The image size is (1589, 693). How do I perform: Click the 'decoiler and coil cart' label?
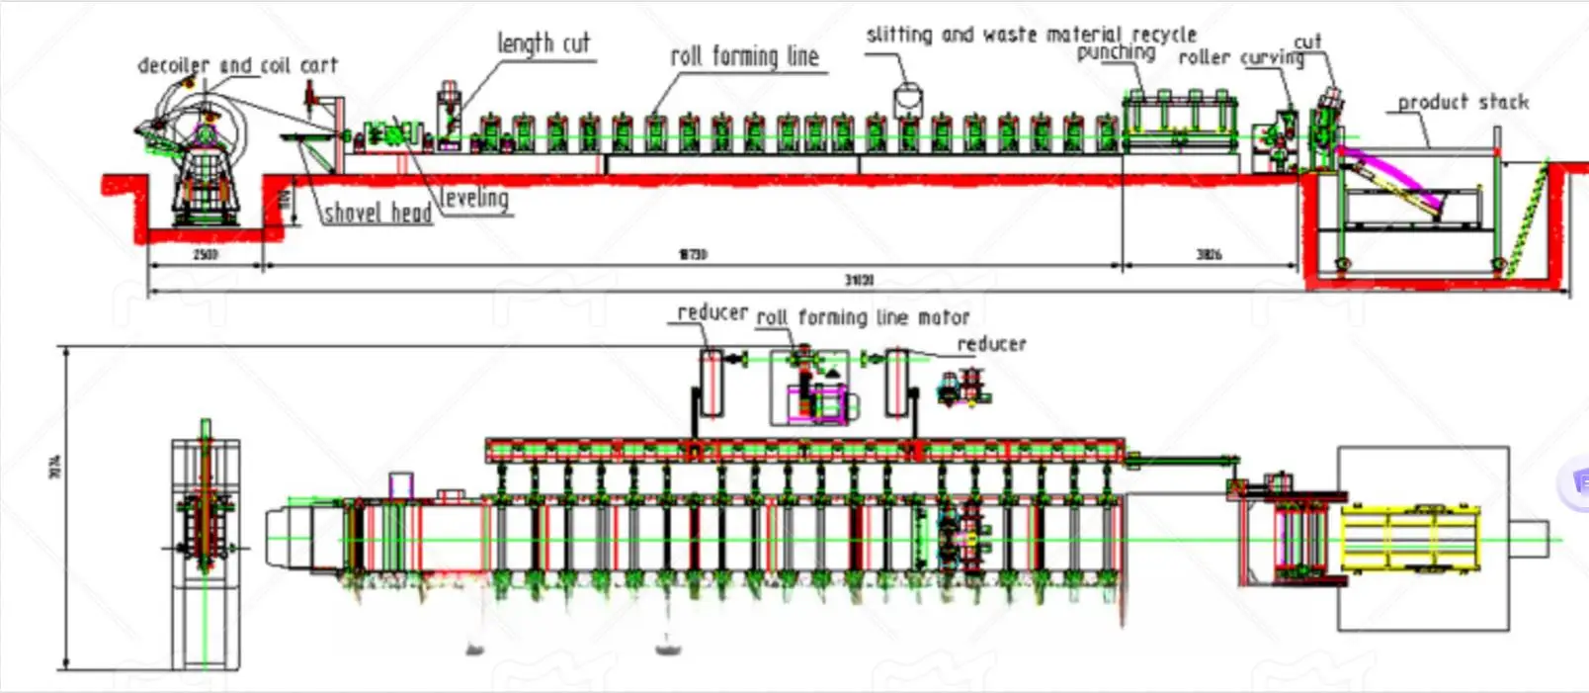237,65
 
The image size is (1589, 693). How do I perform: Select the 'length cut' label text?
543,43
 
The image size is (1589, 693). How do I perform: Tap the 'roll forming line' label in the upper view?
744,56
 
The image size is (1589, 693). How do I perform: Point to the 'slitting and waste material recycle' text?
1031,35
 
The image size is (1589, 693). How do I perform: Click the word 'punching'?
1116,52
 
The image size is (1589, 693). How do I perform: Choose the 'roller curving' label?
1240,58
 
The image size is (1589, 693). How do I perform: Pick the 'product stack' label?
1463,102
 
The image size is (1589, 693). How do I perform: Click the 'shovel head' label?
377,213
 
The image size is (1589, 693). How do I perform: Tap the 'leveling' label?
475,198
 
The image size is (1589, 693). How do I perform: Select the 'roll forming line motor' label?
863,317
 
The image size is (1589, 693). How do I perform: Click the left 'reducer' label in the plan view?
711,312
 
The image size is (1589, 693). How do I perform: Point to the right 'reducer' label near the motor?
991,344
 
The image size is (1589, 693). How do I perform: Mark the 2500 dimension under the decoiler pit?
205,255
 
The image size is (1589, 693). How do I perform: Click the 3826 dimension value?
1209,255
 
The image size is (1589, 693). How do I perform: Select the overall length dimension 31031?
858,281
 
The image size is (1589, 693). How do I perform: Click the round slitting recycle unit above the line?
906,101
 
